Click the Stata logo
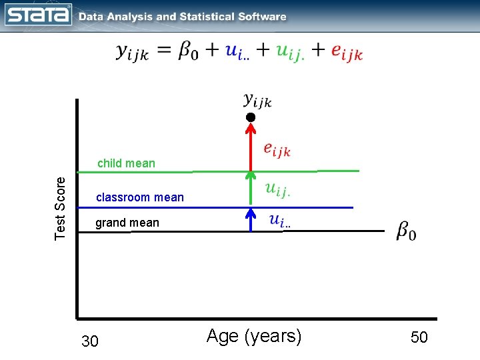[38, 15]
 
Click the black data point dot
[250, 117]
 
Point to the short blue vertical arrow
[250, 219]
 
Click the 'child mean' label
[126, 163]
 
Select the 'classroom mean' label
[140, 197]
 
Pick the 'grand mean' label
[127, 223]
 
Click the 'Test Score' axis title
[61, 207]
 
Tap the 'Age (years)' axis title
[254, 336]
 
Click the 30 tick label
[89, 342]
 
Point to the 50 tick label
[419, 337]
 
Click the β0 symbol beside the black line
[407, 231]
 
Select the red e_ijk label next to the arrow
[277, 149]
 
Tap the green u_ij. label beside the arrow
[277, 190]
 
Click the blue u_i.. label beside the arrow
[279, 221]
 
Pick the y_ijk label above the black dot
[257, 101]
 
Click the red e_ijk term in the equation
[347, 53]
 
